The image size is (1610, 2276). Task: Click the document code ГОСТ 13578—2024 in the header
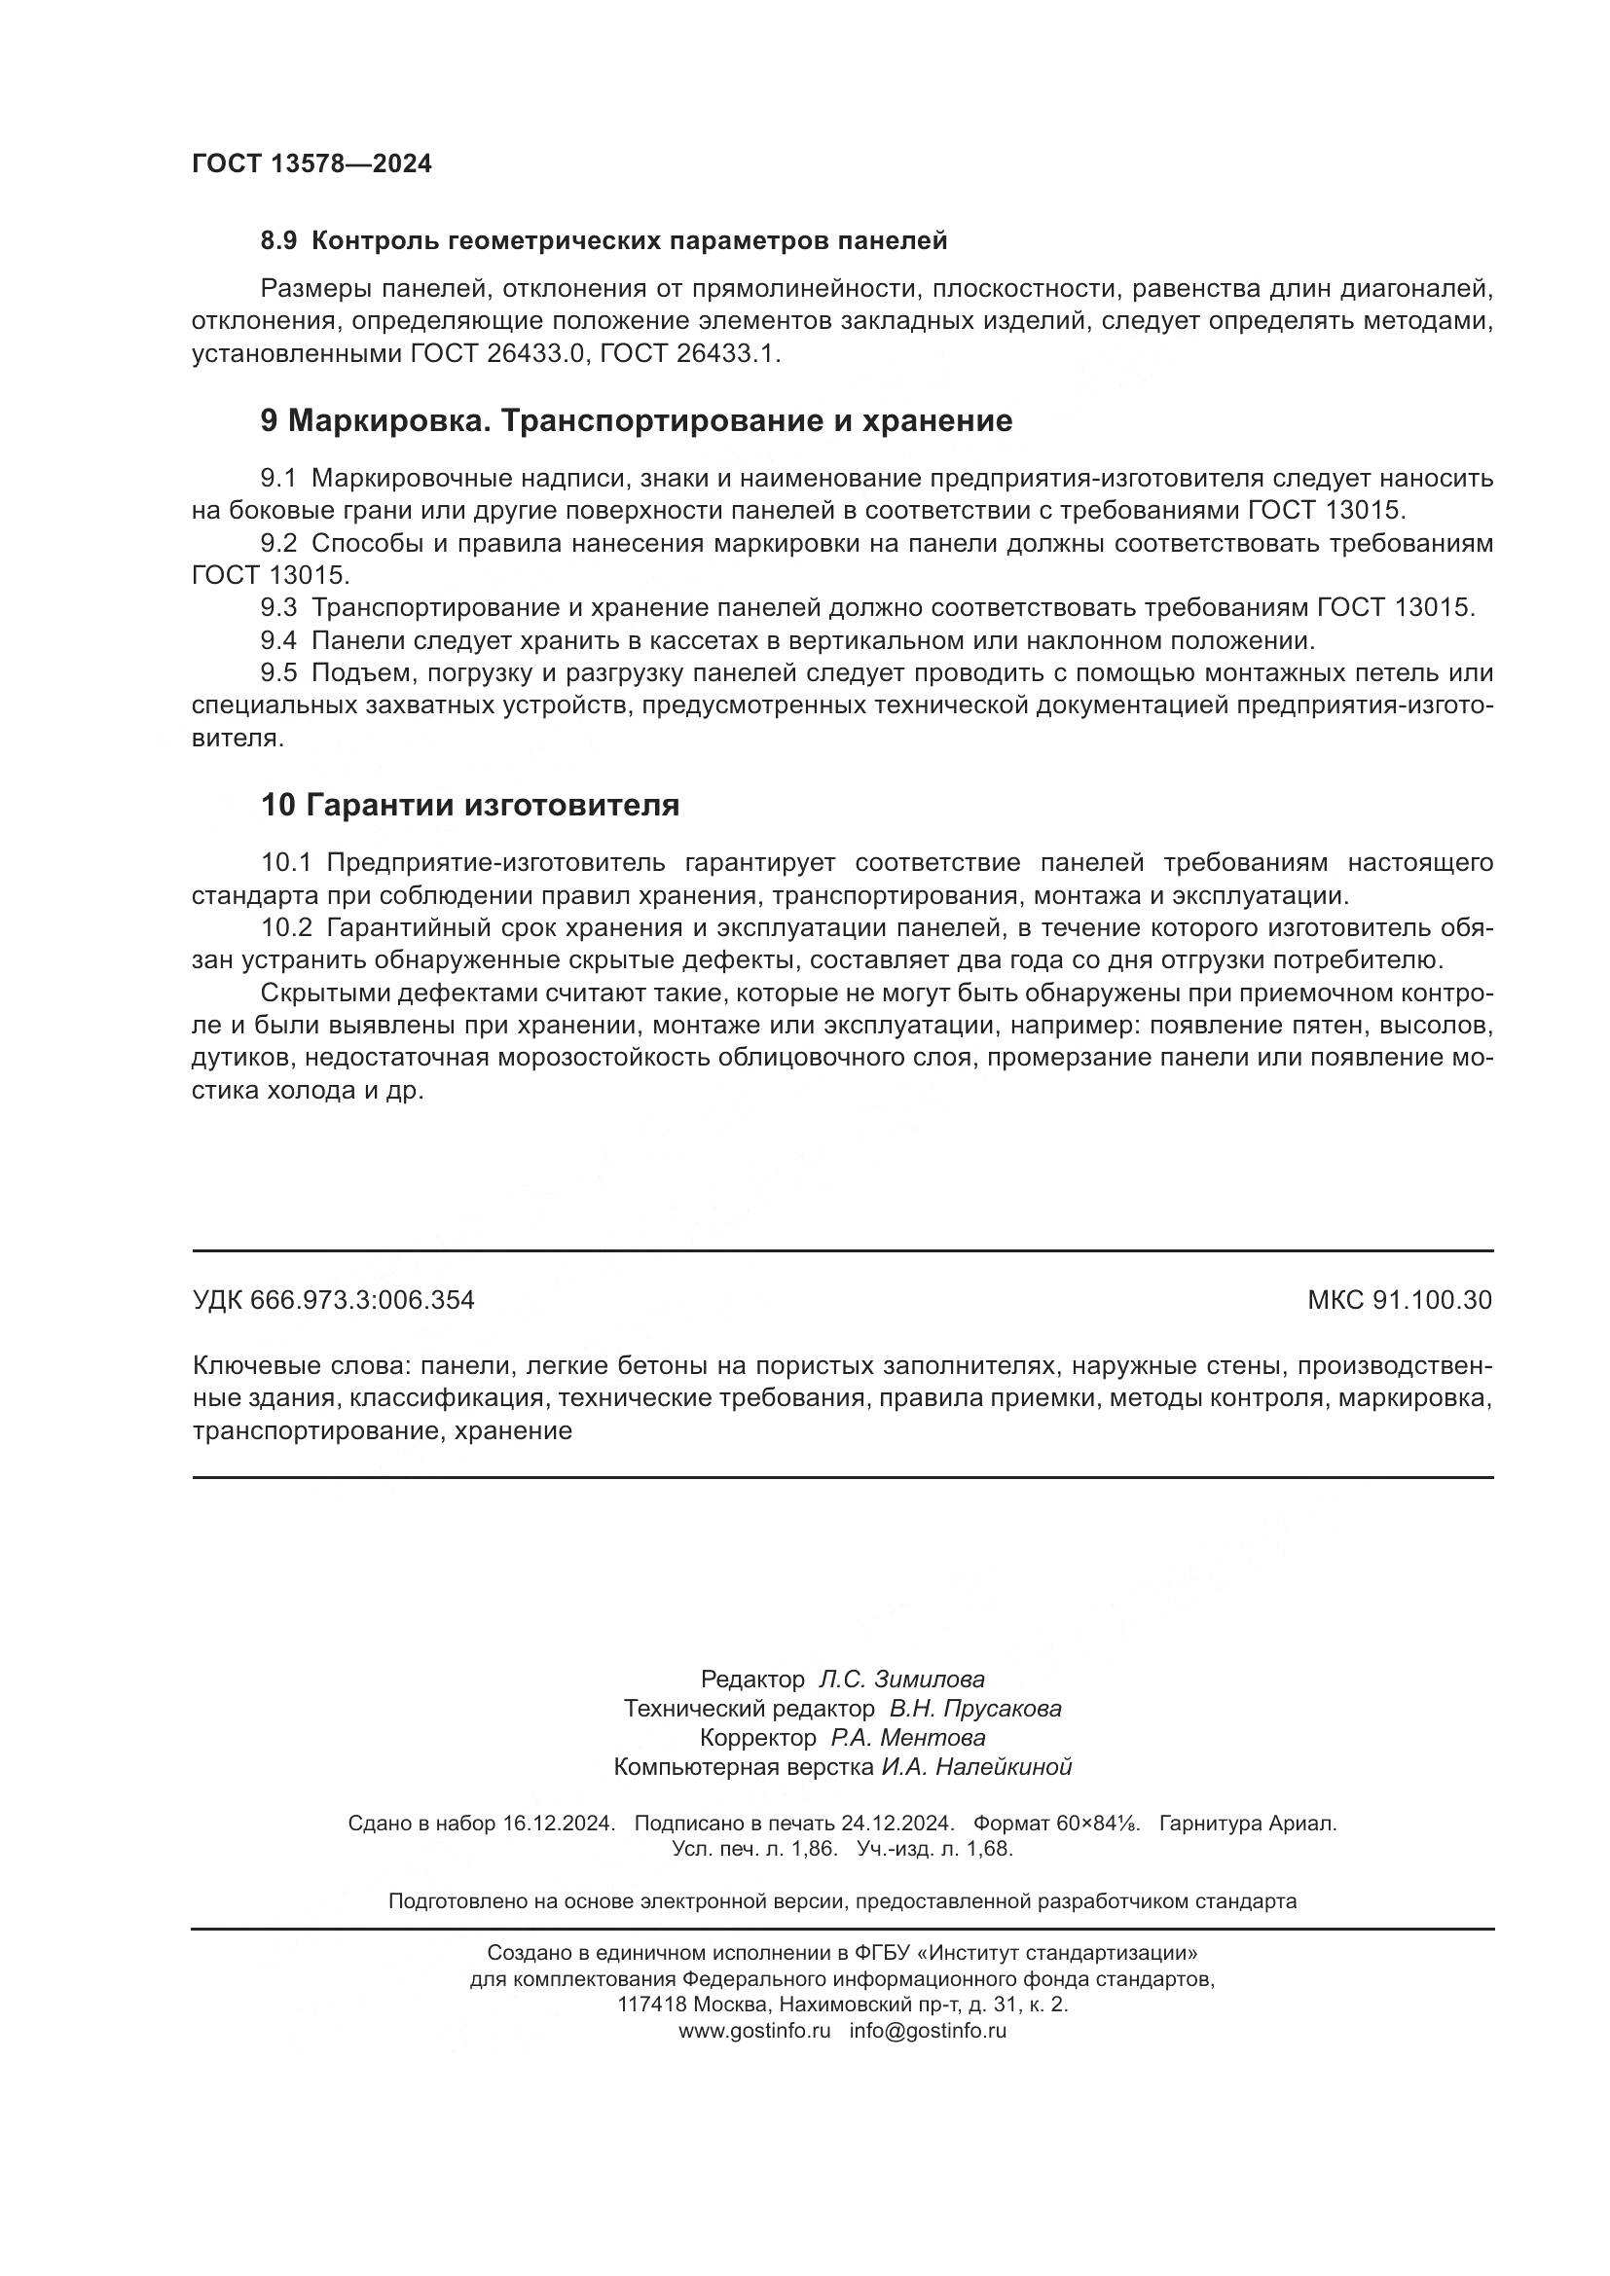tap(311, 163)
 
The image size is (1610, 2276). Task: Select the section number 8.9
tap(278, 241)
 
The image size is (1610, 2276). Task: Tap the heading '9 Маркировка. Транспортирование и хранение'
tap(636, 420)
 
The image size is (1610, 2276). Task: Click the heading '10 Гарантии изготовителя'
tap(470, 804)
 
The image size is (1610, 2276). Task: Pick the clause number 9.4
tap(278, 640)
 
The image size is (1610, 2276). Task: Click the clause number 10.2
tap(286, 928)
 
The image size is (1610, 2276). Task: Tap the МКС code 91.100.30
tap(1432, 1300)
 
